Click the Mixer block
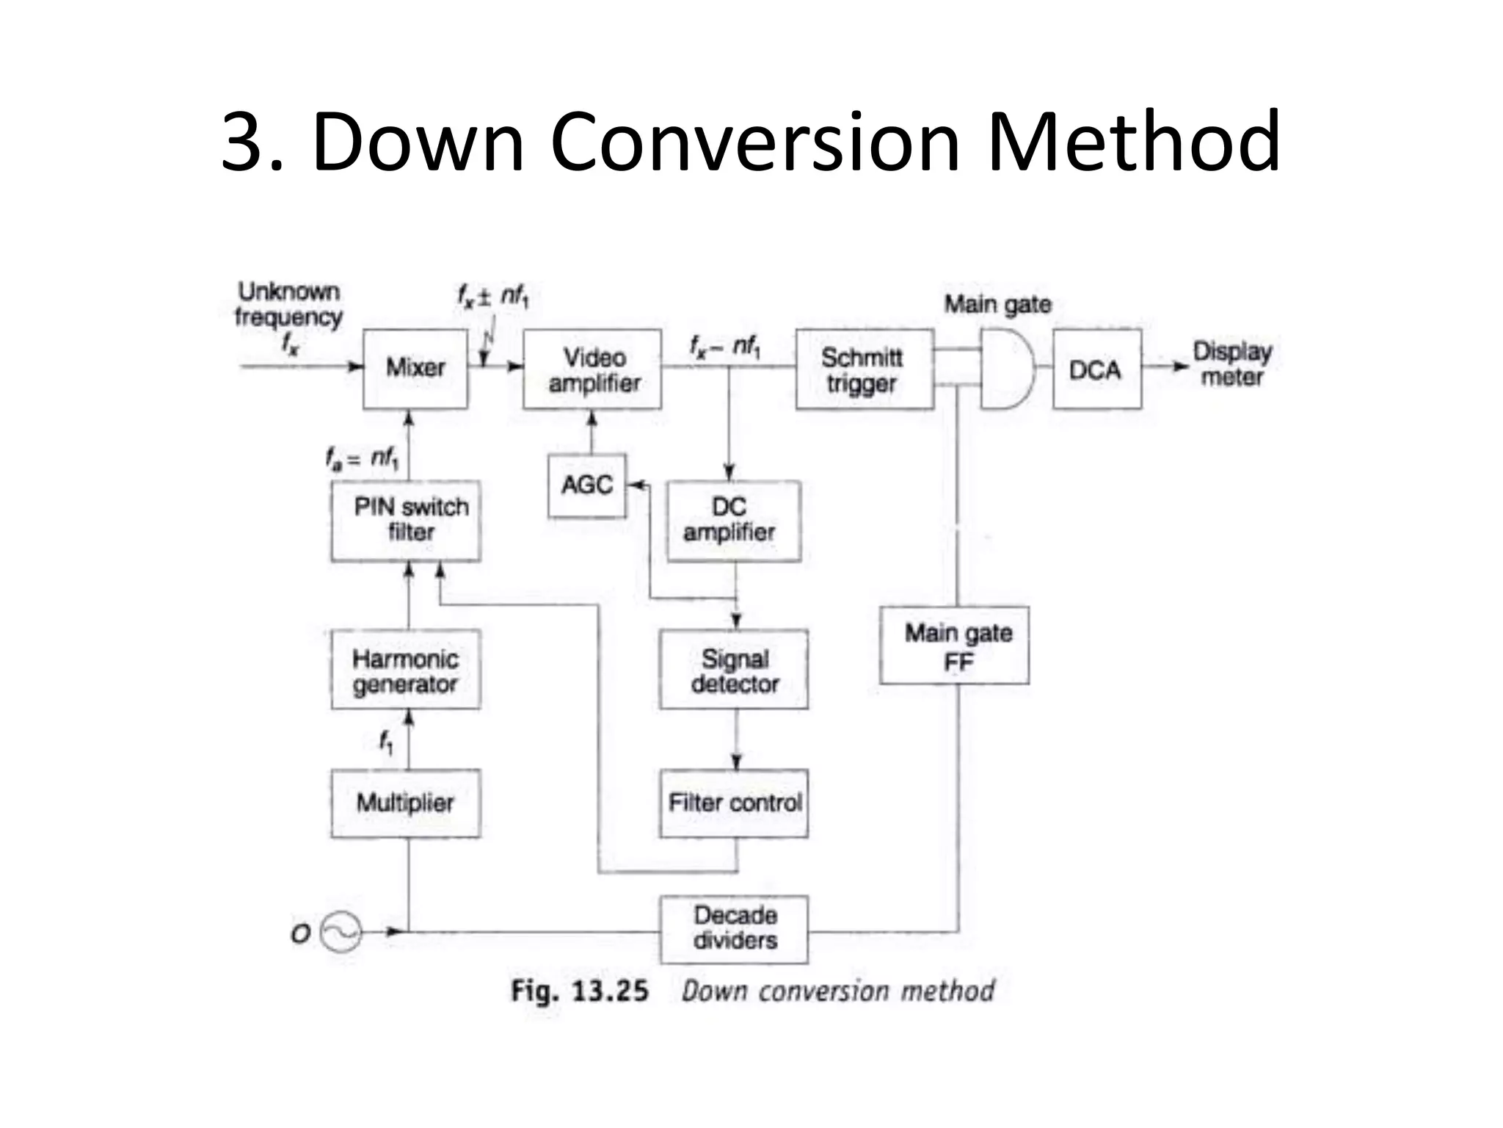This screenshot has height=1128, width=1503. click(415, 369)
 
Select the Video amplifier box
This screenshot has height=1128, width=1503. click(592, 369)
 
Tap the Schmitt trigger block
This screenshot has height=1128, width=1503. click(864, 369)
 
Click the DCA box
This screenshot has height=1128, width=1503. click(1096, 369)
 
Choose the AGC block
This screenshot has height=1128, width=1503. click(587, 485)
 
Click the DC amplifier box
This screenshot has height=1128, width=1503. click(732, 521)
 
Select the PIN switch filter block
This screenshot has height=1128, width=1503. click(406, 521)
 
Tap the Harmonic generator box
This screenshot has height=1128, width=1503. click(406, 669)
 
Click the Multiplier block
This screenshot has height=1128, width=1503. click(406, 803)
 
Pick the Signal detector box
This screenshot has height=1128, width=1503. click(734, 669)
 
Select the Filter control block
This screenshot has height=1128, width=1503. click(734, 803)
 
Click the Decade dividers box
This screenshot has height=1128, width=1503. click(734, 929)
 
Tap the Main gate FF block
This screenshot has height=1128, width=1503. click(954, 646)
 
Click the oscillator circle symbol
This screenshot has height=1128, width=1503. click(342, 933)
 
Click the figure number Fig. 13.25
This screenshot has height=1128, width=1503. click(580, 991)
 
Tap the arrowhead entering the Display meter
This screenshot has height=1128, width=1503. click(1180, 366)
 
